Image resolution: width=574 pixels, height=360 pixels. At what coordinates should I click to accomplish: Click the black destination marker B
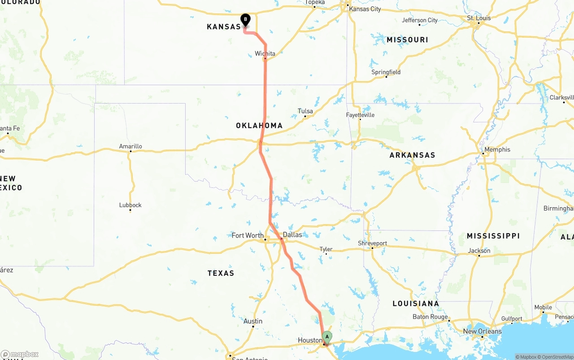point(245,19)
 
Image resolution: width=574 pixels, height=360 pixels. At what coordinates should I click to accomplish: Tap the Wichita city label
point(265,54)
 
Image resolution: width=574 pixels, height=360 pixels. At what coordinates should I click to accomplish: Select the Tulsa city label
point(305,111)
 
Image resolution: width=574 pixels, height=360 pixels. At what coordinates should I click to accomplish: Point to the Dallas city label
point(292,234)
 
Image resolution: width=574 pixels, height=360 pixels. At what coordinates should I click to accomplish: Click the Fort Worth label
point(248,235)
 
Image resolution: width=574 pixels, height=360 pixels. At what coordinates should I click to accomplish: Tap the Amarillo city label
point(130,146)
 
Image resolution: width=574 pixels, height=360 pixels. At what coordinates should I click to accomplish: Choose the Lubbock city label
point(130,205)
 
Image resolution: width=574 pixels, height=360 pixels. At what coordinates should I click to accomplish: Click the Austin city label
point(253,321)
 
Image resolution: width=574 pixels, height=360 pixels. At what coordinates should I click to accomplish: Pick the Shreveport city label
point(372,243)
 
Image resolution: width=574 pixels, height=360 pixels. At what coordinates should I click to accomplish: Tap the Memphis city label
point(497,149)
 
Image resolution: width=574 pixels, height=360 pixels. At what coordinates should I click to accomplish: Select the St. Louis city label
point(479,18)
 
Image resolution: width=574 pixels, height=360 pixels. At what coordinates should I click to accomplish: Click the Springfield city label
point(386,72)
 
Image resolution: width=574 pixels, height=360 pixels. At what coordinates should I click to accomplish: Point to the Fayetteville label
point(360,115)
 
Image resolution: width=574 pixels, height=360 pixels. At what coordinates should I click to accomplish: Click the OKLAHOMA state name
point(259,126)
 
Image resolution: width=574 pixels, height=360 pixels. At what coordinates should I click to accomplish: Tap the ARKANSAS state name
point(412,155)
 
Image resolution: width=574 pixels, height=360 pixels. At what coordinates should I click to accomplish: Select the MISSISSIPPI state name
point(493,236)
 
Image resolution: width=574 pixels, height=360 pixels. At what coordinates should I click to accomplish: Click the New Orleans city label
point(483,331)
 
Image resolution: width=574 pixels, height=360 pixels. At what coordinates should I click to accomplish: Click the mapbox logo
point(19,354)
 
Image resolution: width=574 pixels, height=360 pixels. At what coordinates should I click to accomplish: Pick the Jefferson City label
point(420,20)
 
